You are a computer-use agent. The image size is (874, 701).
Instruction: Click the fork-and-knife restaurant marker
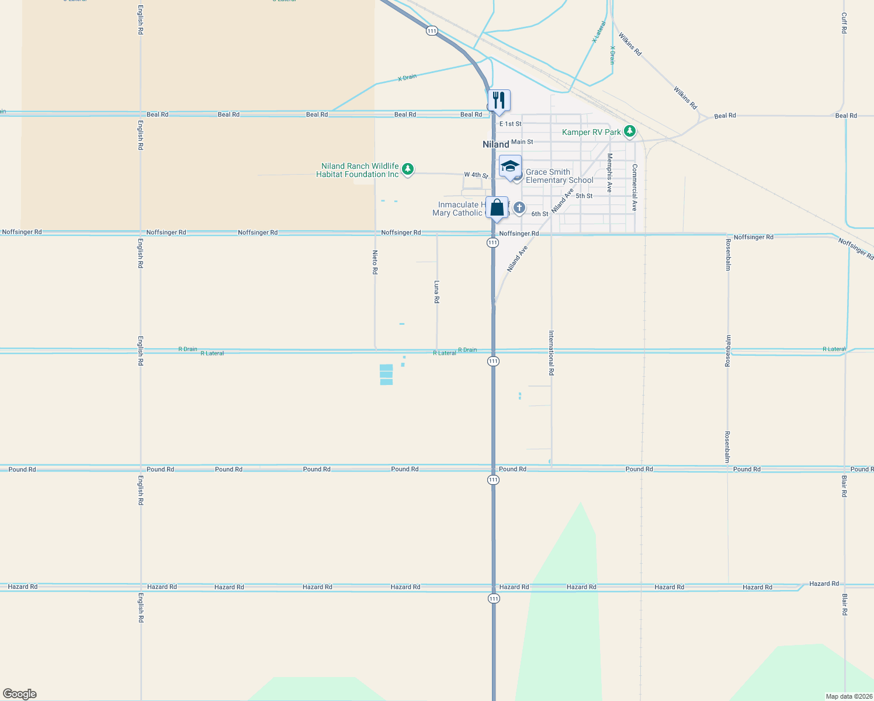point(499,100)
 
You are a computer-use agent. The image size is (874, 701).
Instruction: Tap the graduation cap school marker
point(510,166)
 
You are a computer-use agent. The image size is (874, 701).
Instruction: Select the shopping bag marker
point(497,207)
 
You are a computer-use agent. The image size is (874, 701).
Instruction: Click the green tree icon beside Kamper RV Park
point(629,131)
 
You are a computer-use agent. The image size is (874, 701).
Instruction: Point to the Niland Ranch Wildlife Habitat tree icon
point(408,169)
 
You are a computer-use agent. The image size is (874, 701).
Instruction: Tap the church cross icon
point(519,208)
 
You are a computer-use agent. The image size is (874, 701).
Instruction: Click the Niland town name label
point(495,144)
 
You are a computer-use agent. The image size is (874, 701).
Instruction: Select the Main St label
point(522,142)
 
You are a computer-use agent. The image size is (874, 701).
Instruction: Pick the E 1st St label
point(510,124)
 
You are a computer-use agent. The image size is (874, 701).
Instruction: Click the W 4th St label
point(476,175)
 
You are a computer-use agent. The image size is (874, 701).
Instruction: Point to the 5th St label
point(584,196)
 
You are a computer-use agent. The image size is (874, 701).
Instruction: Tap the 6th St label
point(539,214)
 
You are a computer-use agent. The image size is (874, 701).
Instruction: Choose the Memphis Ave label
point(609,172)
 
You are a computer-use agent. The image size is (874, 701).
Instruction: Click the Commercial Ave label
point(634,187)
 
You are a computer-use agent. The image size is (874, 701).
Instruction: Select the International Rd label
point(551,352)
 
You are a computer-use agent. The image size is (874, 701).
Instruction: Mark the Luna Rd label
point(436,291)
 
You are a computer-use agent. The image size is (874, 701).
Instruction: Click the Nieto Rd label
point(375,262)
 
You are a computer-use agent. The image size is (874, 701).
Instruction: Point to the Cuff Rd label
point(844,23)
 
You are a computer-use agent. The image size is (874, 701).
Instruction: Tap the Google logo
point(20,694)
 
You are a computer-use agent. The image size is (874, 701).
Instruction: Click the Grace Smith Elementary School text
point(559,176)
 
